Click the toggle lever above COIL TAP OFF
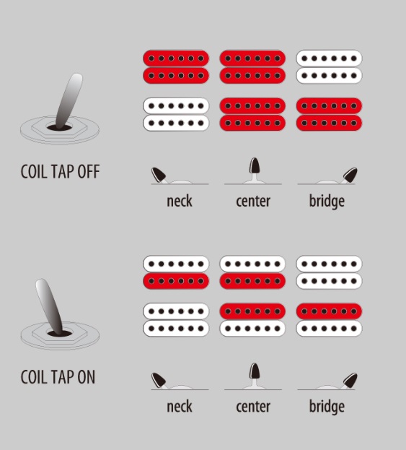(69, 100)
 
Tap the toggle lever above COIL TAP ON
(49, 306)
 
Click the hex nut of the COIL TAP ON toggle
(60, 333)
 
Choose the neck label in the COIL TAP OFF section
(180, 202)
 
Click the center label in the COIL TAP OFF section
(253, 202)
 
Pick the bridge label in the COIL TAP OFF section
(327, 202)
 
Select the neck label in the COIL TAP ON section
(180, 407)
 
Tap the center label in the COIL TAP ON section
(253, 407)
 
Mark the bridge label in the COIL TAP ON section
(327, 407)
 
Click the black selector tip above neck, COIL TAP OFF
(159, 175)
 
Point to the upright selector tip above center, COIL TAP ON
(255, 371)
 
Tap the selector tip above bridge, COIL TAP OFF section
(350, 175)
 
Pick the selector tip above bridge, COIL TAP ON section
(350, 380)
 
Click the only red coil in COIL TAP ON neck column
(176, 281)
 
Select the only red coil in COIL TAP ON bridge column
(330, 311)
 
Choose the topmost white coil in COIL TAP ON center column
(252, 264)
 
